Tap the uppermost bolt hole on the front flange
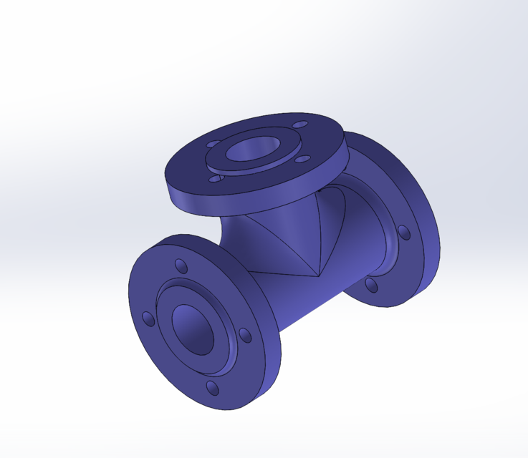(181, 266)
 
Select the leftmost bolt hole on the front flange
(148, 318)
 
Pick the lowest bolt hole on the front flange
(212, 388)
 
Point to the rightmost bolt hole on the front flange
(245, 335)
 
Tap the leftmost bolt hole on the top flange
(213, 143)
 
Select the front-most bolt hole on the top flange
(214, 179)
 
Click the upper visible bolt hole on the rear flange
(404, 232)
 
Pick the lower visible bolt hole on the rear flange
(370, 285)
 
